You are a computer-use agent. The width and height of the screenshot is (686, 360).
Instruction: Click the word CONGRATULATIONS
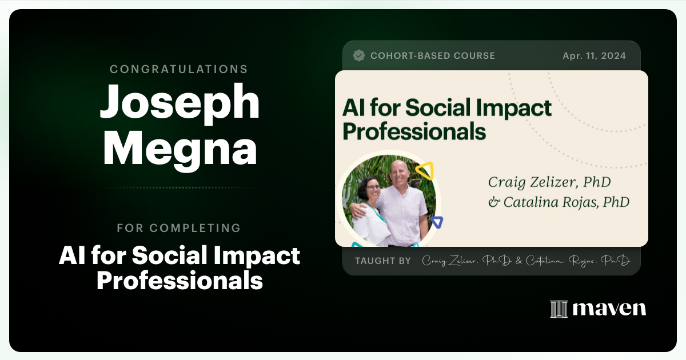coord(179,69)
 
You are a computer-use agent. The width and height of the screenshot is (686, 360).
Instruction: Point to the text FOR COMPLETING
coord(179,228)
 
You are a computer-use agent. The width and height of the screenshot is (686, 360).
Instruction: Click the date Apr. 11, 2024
coord(593,56)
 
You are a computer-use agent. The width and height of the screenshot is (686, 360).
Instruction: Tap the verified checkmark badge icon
coord(359,55)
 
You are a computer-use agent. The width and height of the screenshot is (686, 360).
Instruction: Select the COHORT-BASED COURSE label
coord(433,56)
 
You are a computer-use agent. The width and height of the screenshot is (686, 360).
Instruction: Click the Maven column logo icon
coord(559,309)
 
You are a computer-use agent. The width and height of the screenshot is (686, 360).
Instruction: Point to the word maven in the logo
coord(609,309)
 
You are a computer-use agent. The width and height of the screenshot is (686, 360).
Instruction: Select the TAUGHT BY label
coord(382,261)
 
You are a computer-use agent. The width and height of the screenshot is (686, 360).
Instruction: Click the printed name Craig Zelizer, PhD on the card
coord(549,182)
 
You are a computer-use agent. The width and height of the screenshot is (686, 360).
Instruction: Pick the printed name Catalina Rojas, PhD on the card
coord(559,202)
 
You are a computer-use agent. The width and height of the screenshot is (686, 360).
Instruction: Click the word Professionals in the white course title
coord(180,281)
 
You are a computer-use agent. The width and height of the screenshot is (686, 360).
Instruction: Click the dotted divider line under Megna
coord(180,187)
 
